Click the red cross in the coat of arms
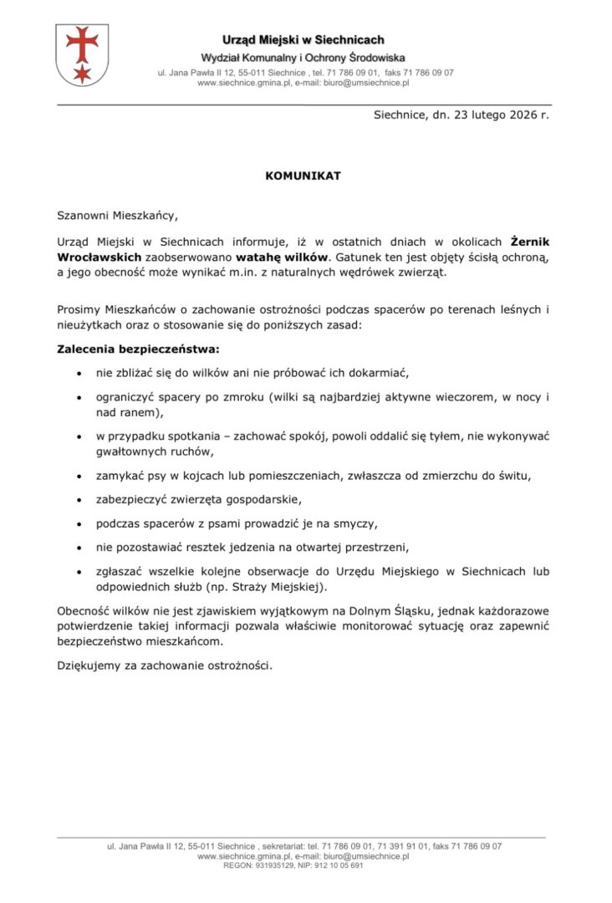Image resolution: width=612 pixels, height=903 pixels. click(82, 43)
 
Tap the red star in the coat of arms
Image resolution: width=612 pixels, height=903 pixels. click(82, 74)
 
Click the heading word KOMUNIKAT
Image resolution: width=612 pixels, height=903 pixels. click(303, 176)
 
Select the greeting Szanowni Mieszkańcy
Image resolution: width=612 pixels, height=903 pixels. click(118, 215)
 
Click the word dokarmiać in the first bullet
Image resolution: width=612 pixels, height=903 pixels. click(371, 372)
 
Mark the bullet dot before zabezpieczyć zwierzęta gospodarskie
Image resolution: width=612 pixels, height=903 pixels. click(79, 500)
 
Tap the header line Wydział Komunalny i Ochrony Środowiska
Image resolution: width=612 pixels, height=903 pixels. click(303, 58)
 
